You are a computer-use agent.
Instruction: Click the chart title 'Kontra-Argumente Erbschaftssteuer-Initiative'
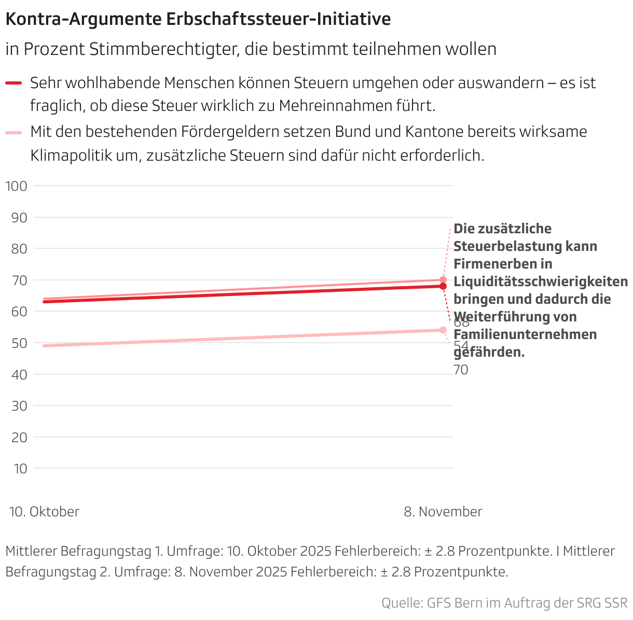pyautogui.click(x=198, y=20)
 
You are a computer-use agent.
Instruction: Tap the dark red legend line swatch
pyautogui.click(x=13, y=83)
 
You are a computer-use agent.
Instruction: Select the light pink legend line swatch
pyautogui.click(x=13, y=133)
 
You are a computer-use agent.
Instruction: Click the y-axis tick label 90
pyautogui.click(x=19, y=217)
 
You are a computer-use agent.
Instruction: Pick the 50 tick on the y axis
pyautogui.click(x=19, y=343)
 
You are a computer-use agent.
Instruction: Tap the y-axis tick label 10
pyautogui.click(x=20, y=469)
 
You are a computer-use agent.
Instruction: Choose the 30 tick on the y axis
pyautogui.click(x=19, y=406)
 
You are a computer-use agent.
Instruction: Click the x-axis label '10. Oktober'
pyautogui.click(x=45, y=512)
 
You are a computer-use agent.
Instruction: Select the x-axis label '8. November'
pyautogui.click(x=443, y=512)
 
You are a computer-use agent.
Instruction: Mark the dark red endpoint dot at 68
pyautogui.click(x=443, y=286)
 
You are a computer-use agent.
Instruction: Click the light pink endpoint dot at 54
pyautogui.click(x=443, y=330)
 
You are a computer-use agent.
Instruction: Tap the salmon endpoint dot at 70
pyautogui.click(x=443, y=280)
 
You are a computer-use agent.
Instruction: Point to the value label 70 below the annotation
pyautogui.click(x=461, y=370)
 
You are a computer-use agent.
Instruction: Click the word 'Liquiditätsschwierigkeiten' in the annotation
pyautogui.click(x=541, y=282)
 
